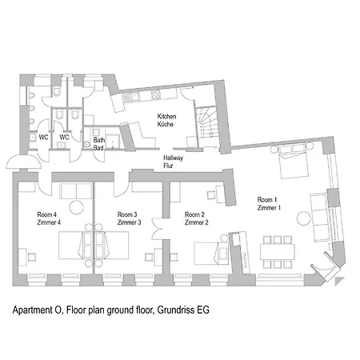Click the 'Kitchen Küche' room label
(166, 121)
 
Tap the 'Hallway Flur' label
(169, 163)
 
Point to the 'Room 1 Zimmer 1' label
(270, 202)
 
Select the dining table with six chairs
(278, 250)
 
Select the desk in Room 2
(214, 193)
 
